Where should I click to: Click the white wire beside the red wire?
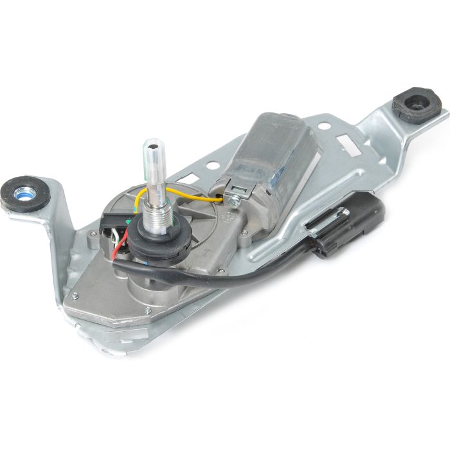coord(114,242)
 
